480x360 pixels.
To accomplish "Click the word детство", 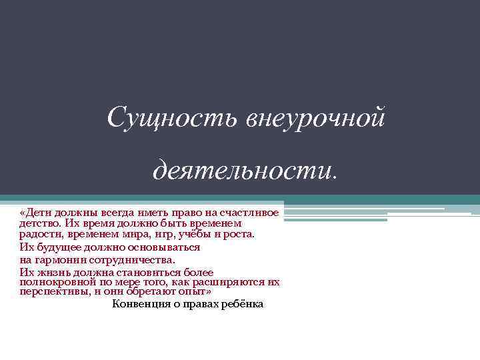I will (39, 223).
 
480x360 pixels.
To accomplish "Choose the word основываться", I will (164, 247).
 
